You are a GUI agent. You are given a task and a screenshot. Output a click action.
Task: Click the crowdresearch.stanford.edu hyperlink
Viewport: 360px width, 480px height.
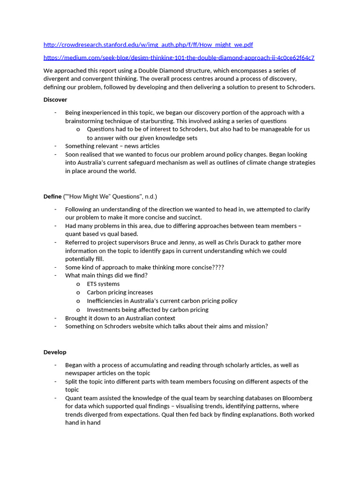tap(148, 45)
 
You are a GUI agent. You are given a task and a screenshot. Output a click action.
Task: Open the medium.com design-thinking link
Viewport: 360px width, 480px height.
tap(179, 58)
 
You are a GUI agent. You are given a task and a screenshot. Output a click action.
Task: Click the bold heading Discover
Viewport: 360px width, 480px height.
tap(55, 99)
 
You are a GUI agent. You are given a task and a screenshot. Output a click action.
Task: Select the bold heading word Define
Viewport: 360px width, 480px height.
tap(52, 196)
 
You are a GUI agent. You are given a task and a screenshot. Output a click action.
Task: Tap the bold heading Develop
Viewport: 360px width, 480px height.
tap(55, 352)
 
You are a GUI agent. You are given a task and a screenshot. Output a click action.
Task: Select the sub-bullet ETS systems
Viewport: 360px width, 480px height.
tap(103, 284)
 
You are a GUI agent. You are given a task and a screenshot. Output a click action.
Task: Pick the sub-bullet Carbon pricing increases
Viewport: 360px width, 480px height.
tap(120, 292)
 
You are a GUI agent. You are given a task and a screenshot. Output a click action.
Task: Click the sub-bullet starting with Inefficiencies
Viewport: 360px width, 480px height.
tap(162, 301)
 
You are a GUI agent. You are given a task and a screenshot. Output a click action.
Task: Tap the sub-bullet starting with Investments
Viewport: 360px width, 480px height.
tap(148, 309)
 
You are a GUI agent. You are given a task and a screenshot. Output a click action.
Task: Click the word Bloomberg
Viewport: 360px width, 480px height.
tap(297, 398)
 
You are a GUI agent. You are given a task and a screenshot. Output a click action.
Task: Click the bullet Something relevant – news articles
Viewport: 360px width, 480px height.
tap(112, 146)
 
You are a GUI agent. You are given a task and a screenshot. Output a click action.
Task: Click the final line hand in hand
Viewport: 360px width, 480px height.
tap(82, 422)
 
